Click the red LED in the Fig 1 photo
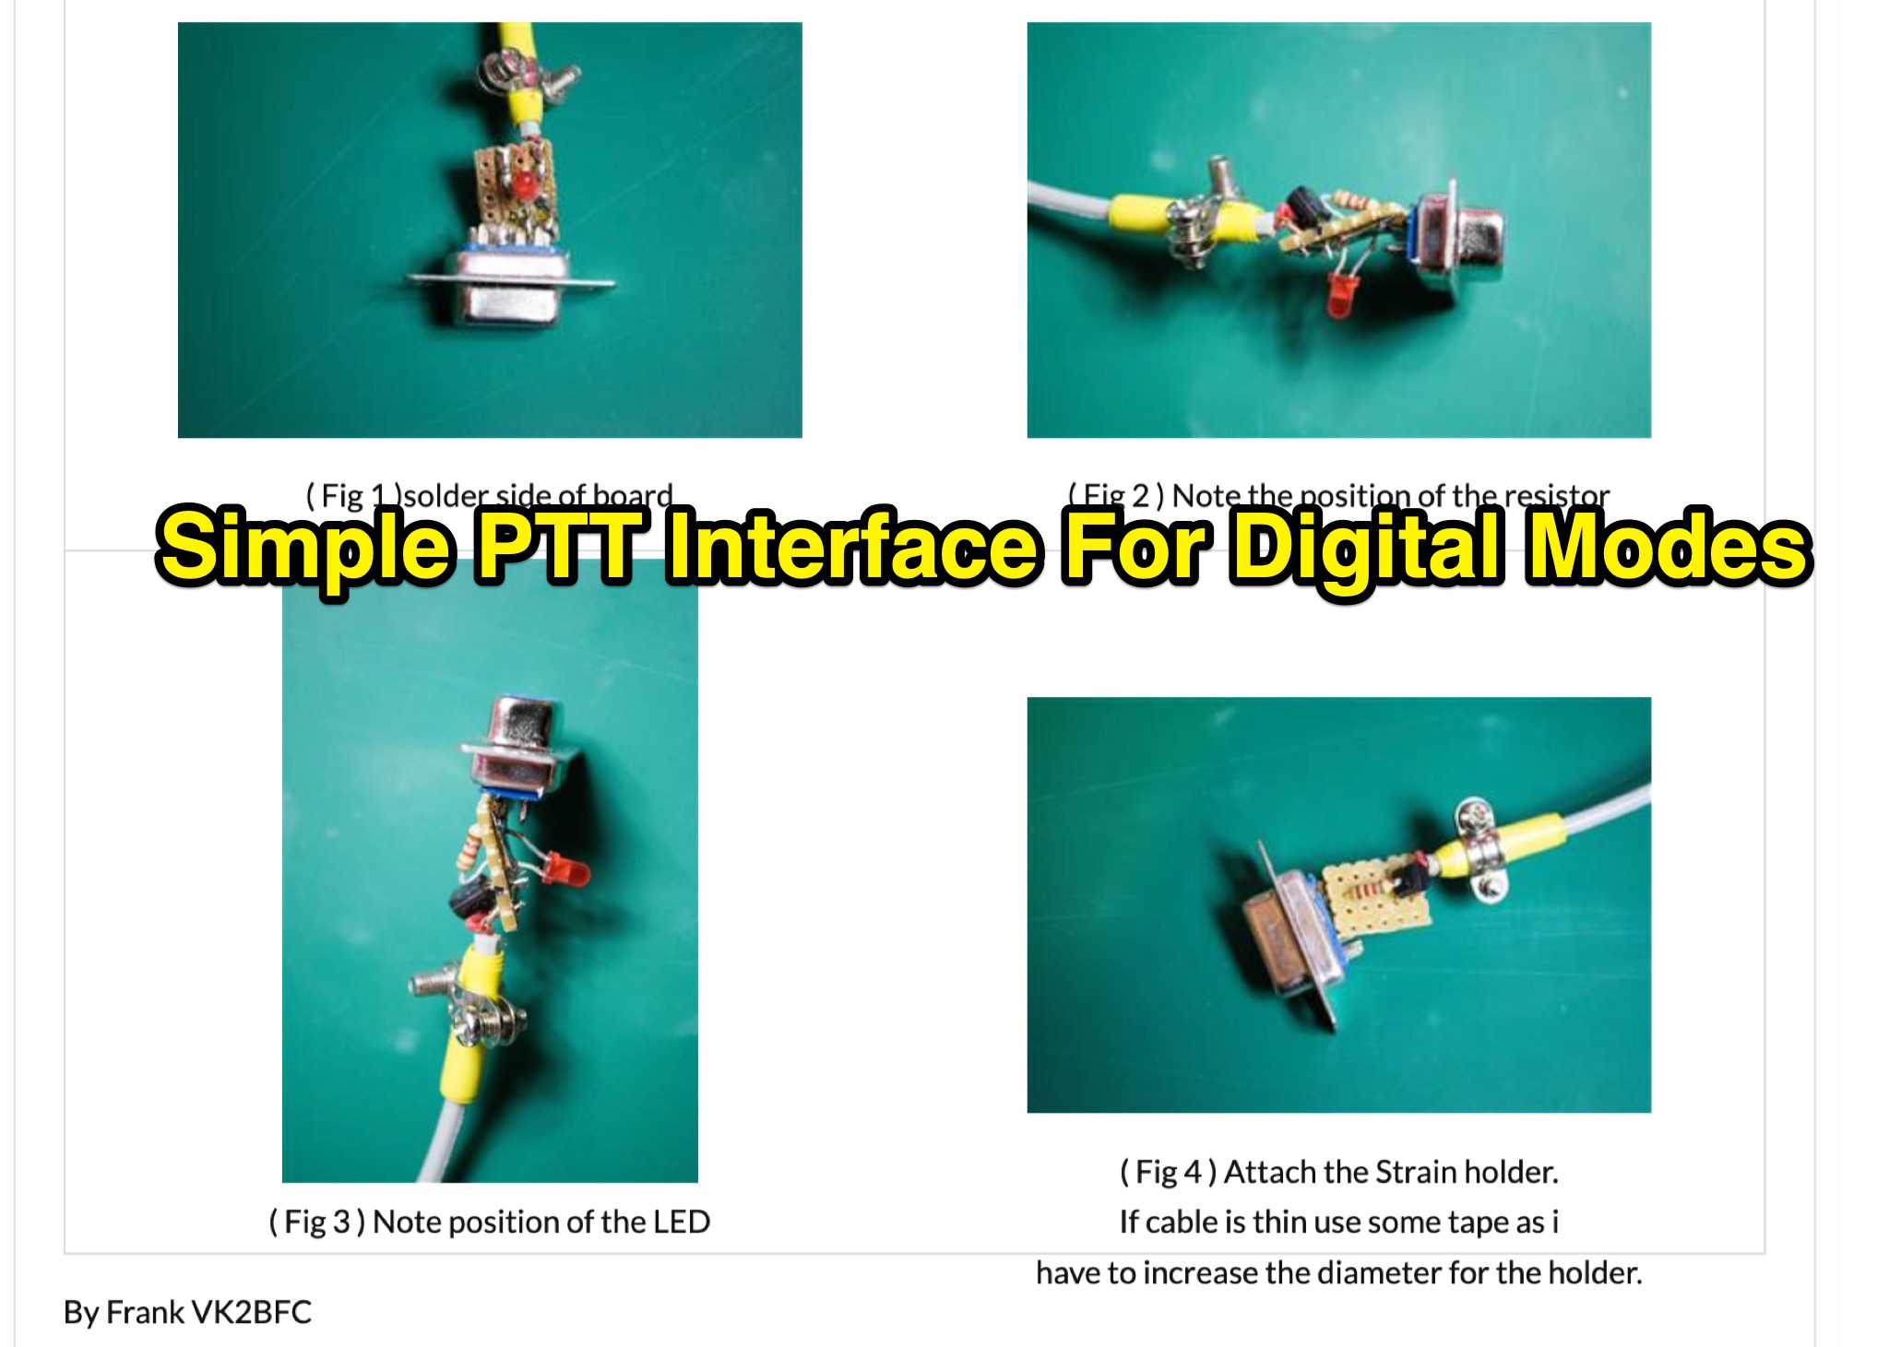pos(524,183)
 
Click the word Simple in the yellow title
pos(304,548)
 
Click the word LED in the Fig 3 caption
pos(681,1222)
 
